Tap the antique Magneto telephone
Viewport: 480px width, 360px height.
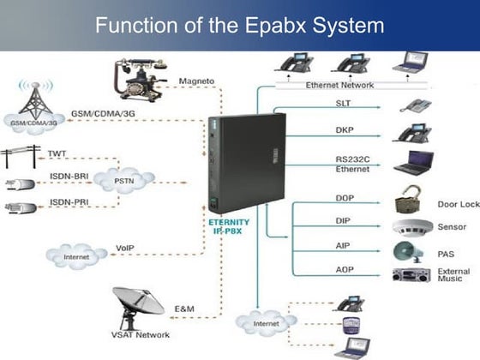[x=136, y=81]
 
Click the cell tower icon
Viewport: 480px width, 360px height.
[x=33, y=98]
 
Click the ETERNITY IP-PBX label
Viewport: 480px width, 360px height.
[x=232, y=225]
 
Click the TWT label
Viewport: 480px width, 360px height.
[x=57, y=153]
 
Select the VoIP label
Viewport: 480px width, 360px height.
[x=125, y=248]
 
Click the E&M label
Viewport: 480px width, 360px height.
[x=185, y=308]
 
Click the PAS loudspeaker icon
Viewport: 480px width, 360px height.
[x=407, y=252]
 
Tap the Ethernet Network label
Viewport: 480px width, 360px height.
[x=340, y=85]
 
